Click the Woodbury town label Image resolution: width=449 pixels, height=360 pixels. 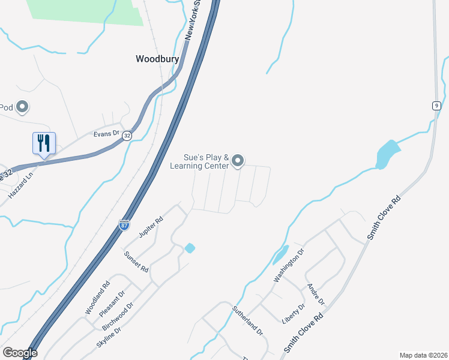(x=157, y=59)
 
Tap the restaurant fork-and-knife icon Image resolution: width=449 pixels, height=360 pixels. (x=44, y=143)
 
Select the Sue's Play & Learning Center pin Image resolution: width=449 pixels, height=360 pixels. (x=238, y=160)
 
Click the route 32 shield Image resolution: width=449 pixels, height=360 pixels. (x=127, y=136)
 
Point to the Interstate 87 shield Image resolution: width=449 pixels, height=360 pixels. (x=124, y=224)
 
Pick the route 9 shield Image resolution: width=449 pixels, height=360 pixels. (x=435, y=106)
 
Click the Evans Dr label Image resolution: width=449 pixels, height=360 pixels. (x=107, y=134)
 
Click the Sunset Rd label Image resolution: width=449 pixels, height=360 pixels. (x=136, y=262)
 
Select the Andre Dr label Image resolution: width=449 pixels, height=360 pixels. (x=316, y=293)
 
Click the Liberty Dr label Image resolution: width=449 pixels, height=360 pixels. (x=294, y=314)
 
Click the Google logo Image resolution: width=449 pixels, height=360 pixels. (x=19, y=353)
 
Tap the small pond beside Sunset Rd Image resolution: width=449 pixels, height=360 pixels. (x=190, y=248)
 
